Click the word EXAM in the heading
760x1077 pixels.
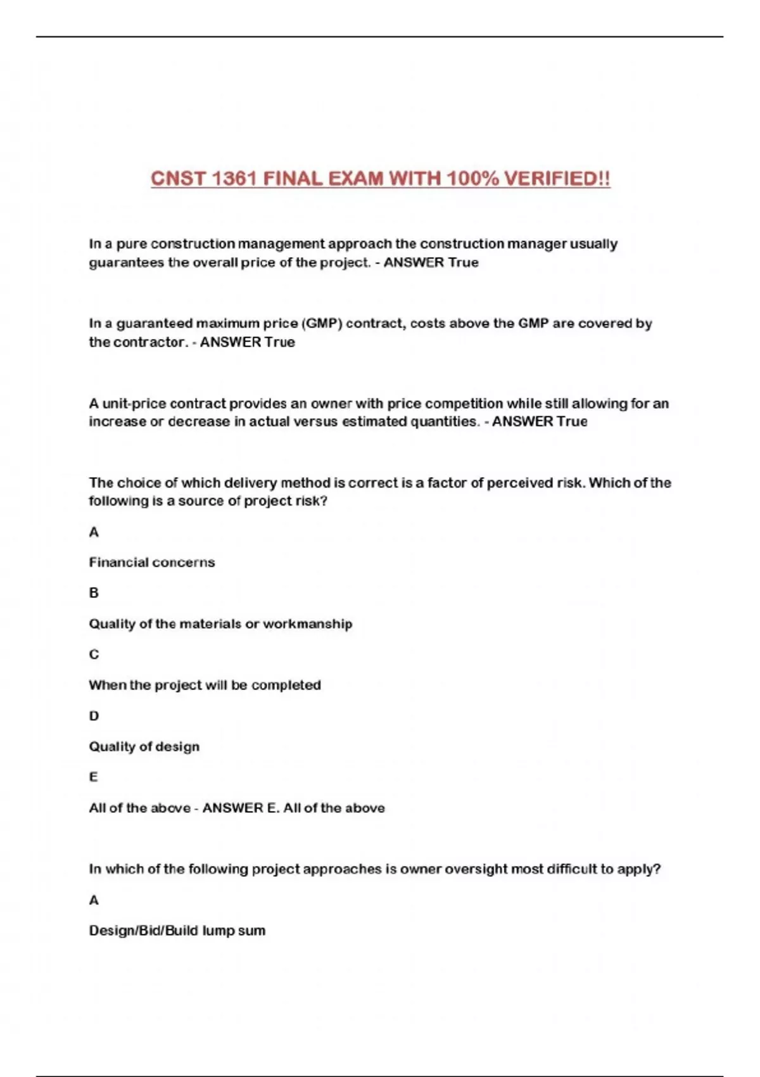[356, 179]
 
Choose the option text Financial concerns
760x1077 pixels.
[152, 563]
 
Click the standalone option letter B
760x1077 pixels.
[94, 593]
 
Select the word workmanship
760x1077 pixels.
[308, 624]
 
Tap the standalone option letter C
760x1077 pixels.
[94, 654]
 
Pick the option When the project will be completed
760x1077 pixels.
[205, 685]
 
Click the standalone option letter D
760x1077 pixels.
[94, 716]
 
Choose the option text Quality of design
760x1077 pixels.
[144, 747]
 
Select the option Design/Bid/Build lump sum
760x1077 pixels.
[177, 931]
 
